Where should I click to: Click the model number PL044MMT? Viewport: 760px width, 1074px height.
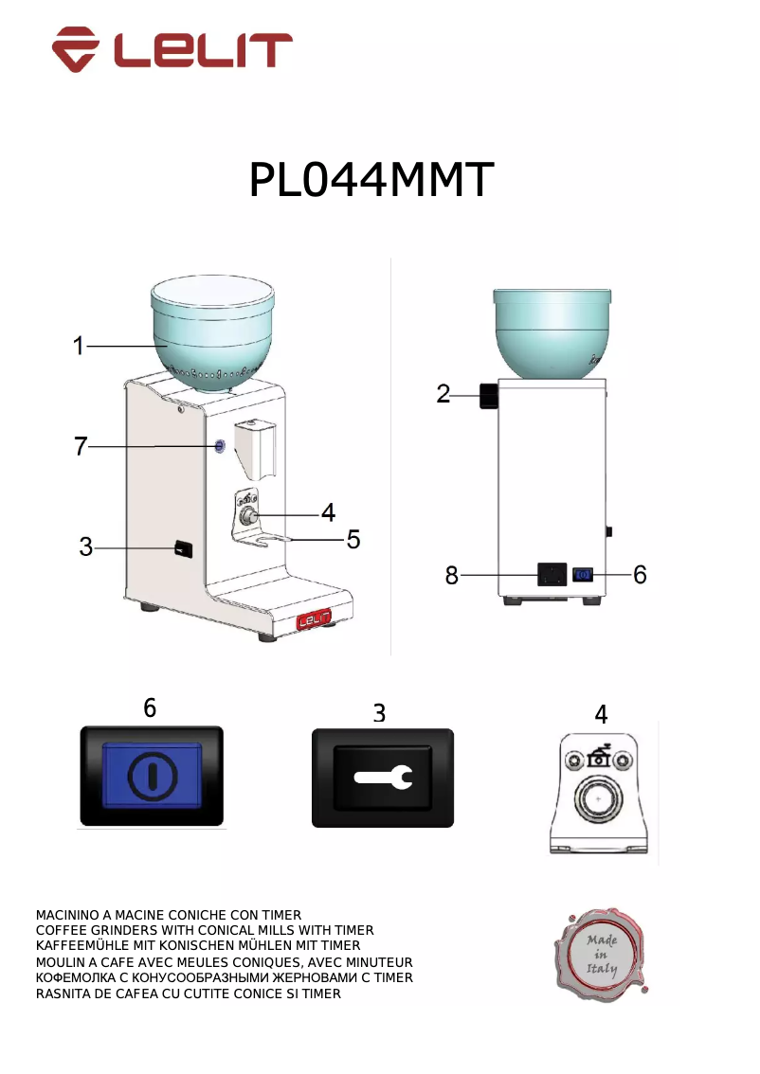(371, 180)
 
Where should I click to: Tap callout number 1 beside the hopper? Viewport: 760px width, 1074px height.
(80, 347)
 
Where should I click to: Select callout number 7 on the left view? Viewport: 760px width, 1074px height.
(81, 446)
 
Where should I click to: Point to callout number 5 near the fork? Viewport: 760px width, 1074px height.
(353, 540)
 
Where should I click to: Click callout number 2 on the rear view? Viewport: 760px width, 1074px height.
(443, 394)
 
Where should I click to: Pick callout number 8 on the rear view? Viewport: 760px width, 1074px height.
(452, 574)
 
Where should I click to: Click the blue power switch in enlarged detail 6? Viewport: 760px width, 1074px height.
(151, 776)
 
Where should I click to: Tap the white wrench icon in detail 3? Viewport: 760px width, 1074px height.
(383, 778)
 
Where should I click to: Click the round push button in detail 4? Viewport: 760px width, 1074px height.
(597, 800)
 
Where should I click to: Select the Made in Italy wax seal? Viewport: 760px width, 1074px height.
(601, 955)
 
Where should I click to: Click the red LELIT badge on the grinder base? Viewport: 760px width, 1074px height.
(313, 621)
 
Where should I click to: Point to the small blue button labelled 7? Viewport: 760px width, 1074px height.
(220, 446)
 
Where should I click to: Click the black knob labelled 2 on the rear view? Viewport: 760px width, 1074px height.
(489, 397)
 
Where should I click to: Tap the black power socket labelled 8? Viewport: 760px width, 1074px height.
(552, 574)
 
